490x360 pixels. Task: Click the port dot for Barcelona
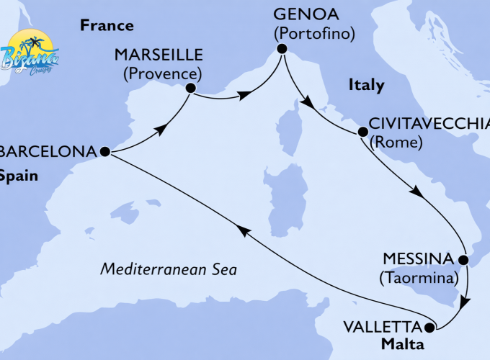pyautogui.click(x=104, y=152)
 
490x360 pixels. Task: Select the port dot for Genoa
pyautogui.click(x=282, y=49)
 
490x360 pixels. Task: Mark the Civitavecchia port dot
pyautogui.click(x=362, y=132)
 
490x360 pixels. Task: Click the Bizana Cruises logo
pyautogui.click(x=30, y=50)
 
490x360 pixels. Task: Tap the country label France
pyautogui.click(x=107, y=26)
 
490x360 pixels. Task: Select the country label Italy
pyautogui.click(x=366, y=85)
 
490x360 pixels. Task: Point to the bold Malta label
pyautogui.click(x=403, y=345)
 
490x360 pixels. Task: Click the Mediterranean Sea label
pyautogui.click(x=169, y=269)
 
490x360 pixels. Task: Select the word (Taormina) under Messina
pyautogui.click(x=421, y=276)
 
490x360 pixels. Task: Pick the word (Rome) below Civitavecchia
pyautogui.click(x=395, y=143)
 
